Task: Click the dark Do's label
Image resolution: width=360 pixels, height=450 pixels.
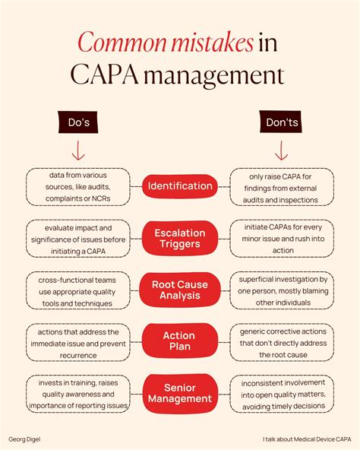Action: click(x=77, y=122)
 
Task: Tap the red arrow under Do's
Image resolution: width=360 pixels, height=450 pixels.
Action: click(x=77, y=150)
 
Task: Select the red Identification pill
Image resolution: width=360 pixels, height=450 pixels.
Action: click(x=180, y=186)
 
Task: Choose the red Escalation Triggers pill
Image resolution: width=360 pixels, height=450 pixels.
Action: click(x=180, y=238)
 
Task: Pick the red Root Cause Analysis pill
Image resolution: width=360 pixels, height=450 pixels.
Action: click(x=180, y=290)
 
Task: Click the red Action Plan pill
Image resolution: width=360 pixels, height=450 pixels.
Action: click(x=180, y=341)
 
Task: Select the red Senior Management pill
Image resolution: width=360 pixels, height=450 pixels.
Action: click(x=180, y=393)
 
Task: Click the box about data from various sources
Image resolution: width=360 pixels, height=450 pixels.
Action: click(x=77, y=186)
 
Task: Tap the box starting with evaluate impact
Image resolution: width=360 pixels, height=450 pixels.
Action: click(x=77, y=238)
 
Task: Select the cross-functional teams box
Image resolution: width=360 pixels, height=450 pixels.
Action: click(x=77, y=290)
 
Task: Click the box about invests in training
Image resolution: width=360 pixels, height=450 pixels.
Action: click(x=77, y=393)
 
